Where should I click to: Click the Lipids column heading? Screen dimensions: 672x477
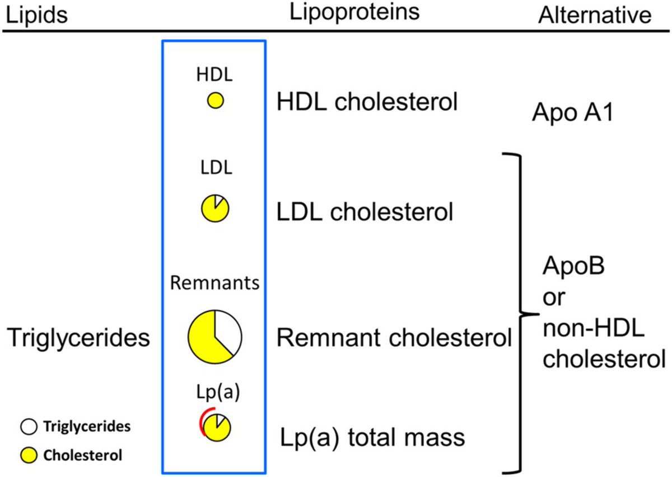pos(37,15)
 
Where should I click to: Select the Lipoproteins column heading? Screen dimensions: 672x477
pos(354,13)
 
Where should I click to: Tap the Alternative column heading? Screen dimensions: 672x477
pos(595,15)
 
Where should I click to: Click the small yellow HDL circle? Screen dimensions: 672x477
pos(216,100)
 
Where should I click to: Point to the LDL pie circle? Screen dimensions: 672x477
pos(215,208)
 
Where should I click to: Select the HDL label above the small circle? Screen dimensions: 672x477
pos(214,74)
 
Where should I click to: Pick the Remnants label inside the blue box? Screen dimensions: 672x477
pos(215,282)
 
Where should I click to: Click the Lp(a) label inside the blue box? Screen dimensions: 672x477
pos(218,391)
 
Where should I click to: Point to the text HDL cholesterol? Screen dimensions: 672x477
pos(367,102)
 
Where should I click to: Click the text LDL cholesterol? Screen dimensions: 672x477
pos(365,212)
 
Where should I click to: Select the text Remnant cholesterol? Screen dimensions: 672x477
pos(394,337)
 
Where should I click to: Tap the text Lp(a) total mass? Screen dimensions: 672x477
pos(372,438)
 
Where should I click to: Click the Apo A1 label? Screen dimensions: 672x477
pos(573,112)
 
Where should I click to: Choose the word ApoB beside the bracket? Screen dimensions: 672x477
pos(573,266)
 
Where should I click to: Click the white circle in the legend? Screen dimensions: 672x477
pos(29,427)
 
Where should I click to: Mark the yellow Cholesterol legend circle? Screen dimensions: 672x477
pos(29,455)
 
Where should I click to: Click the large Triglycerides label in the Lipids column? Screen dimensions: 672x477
pos(78,338)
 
